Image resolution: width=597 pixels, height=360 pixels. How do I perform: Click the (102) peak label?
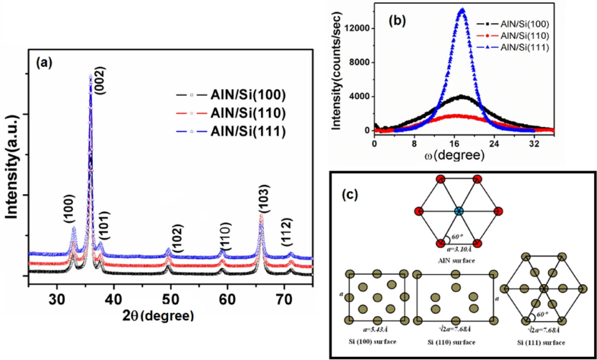[178, 244]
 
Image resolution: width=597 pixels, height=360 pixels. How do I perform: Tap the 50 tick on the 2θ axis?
[171, 300]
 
